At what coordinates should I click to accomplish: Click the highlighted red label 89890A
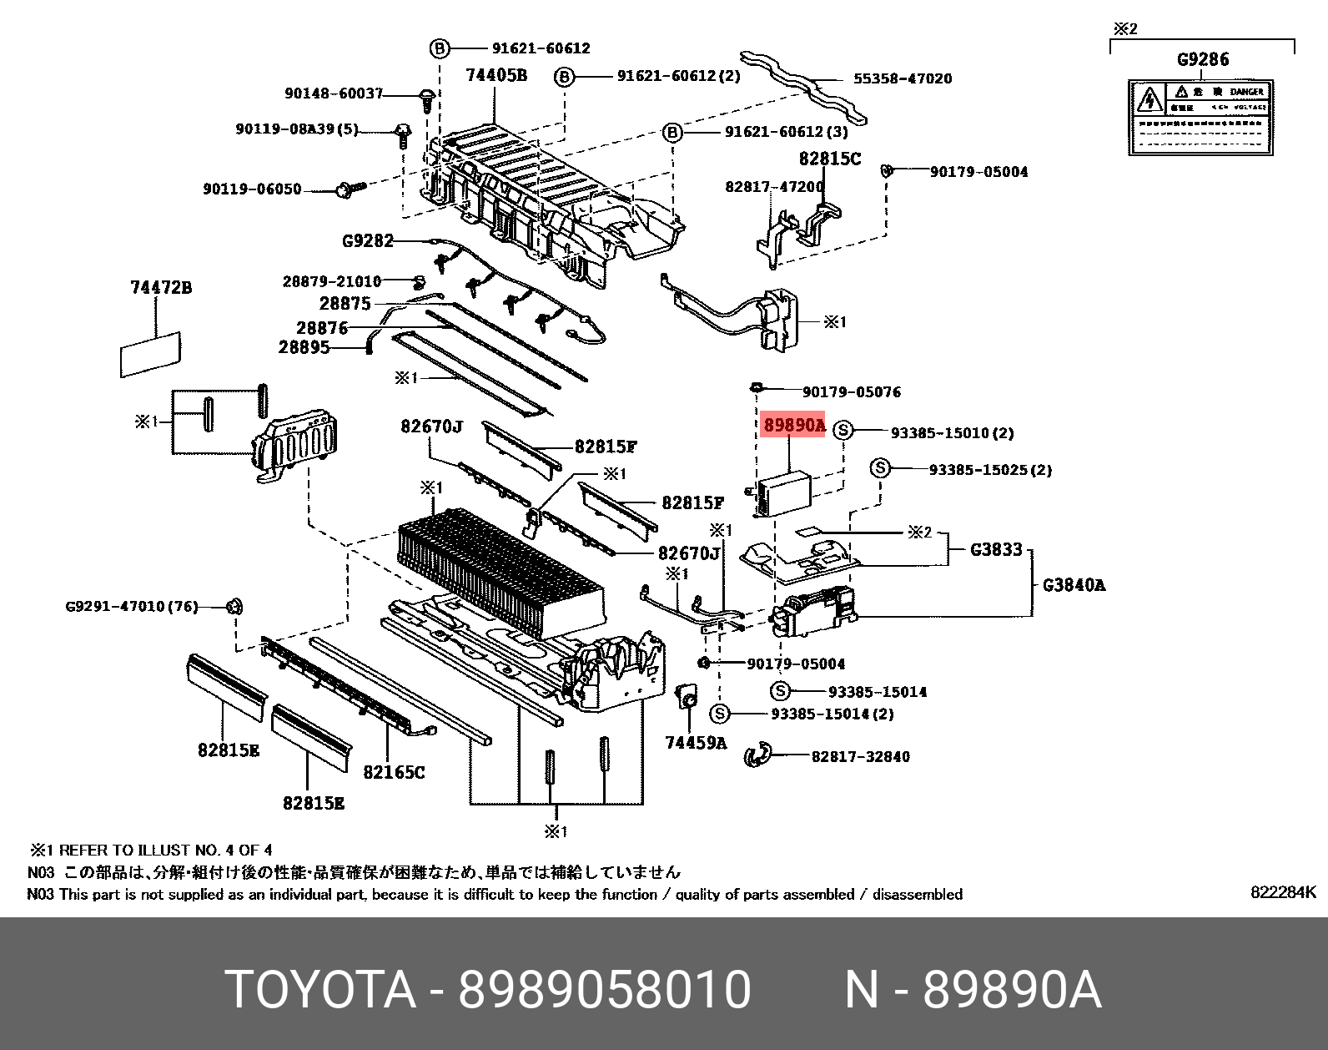click(x=793, y=426)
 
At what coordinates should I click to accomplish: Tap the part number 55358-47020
click(x=902, y=78)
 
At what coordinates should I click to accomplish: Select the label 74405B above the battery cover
click(x=495, y=75)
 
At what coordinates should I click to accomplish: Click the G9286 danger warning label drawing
click(x=1200, y=117)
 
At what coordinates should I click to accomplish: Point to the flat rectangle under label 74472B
click(x=150, y=354)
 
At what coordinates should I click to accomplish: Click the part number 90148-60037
click(x=334, y=93)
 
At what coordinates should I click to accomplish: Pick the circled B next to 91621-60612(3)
click(x=672, y=132)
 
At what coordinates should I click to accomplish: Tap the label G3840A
click(x=1074, y=585)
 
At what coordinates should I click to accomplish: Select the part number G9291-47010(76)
click(x=132, y=606)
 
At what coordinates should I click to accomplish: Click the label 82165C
click(x=394, y=773)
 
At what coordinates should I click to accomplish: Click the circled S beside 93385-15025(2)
click(x=880, y=468)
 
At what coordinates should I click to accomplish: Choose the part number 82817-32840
click(x=860, y=757)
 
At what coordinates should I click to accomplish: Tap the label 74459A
click(x=696, y=743)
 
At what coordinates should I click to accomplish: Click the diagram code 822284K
click(x=1282, y=892)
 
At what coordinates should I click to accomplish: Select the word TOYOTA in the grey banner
click(x=320, y=989)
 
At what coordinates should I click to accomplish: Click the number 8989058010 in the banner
click(x=605, y=989)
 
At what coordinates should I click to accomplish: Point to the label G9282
click(x=367, y=241)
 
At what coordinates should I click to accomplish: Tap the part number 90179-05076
click(x=851, y=392)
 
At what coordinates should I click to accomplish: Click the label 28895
click(x=304, y=347)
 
